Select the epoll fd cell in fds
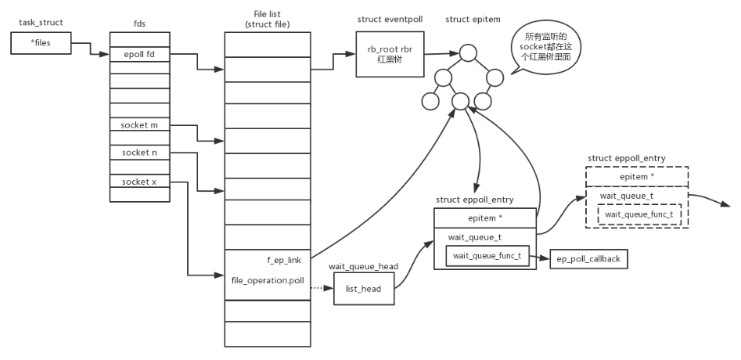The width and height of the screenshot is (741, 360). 139,54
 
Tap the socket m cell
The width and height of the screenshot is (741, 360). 139,124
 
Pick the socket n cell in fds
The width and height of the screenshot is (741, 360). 139,153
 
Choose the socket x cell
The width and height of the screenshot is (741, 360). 139,182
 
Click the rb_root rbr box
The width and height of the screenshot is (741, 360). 384,54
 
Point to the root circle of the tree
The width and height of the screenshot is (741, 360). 468,53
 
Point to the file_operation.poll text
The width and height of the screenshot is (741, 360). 267,279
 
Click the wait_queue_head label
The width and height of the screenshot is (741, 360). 363,266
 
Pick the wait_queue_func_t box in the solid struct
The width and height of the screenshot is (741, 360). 487,256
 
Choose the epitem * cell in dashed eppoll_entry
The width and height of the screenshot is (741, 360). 637,177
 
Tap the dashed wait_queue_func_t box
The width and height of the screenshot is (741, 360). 638,214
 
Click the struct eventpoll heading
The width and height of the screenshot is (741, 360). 384,18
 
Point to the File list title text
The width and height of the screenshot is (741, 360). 268,19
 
